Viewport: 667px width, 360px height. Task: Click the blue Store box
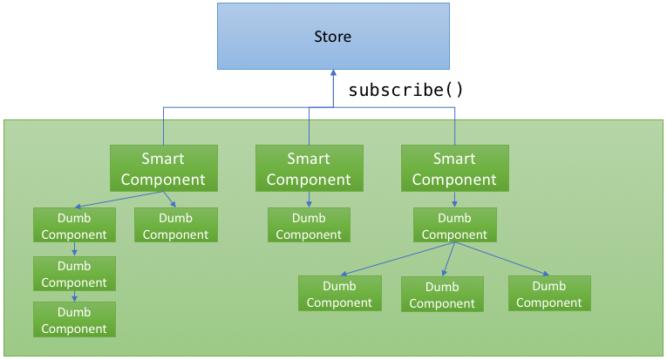coord(333,36)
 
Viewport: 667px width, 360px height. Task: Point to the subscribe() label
coord(405,90)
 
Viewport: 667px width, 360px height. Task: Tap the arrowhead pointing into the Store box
coord(333,73)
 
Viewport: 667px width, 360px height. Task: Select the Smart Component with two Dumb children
coord(164,168)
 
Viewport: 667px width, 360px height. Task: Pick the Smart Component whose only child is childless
coord(310,168)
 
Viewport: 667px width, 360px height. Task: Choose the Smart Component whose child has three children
coord(455,168)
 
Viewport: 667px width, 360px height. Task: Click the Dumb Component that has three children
coord(455,225)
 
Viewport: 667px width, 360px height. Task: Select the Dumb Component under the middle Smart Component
coord(309,225)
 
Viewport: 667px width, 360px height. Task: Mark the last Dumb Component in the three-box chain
coord(74,320)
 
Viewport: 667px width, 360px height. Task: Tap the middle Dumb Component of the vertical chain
coord(74,274)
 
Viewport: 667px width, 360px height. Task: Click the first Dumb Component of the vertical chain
coord(74,225)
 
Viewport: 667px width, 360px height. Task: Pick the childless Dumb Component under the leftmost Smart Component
coord(176,225)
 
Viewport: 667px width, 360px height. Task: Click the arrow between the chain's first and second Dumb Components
coord(74,249)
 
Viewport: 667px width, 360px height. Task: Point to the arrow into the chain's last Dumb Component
coord(74,296)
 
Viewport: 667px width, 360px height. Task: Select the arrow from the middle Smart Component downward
coord(310,200)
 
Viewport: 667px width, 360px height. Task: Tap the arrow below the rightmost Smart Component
coord(455,200)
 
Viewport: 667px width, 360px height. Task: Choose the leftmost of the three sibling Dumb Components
coord(340,293)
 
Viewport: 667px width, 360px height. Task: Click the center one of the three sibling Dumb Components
coord(442,294)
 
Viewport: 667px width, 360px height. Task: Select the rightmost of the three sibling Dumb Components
coord(549,293)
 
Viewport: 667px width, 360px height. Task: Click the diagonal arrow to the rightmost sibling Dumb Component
coord(502,259)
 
